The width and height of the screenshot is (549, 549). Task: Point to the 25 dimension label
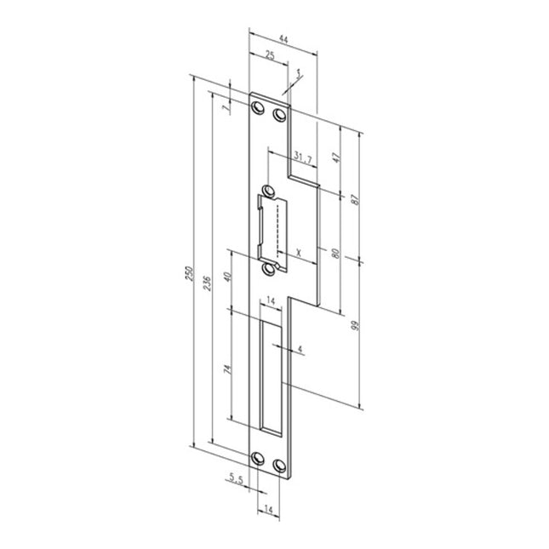click(268, 56)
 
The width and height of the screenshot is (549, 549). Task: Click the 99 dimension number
click(356, 324)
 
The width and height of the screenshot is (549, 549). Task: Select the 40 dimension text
click(226, 277)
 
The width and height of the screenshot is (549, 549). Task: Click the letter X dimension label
click(299, 253)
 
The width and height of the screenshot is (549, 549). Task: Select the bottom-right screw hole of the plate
click(281, 465)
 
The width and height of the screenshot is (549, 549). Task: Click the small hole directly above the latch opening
click(270, 191)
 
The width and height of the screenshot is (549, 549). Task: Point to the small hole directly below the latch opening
click(271, 269)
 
